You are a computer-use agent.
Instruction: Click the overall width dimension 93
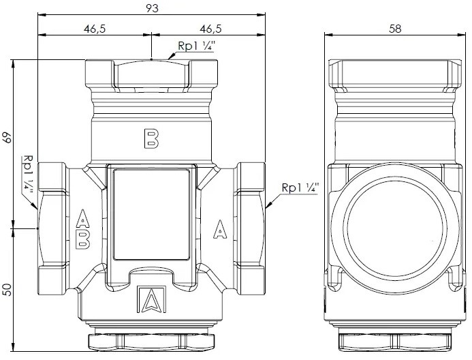coord(152,8)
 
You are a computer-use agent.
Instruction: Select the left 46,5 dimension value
coord(95,29)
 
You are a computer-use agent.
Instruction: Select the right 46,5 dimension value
coord(210,29)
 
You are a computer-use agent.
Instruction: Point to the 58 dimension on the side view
coord(395,29)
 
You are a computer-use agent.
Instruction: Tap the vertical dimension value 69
coord(8,138)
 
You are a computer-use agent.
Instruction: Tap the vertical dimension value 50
coord(8,290)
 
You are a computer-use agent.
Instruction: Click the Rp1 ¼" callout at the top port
coord(196,46)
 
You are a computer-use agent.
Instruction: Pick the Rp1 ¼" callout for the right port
coord(300,187)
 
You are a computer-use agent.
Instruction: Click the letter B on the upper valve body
coord(151,138)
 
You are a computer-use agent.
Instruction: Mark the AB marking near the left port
coord(82,229)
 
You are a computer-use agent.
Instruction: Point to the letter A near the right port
coord(220,229)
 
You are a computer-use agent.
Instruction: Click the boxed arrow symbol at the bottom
coord(151,299)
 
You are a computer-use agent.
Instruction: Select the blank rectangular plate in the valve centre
coord(151,215)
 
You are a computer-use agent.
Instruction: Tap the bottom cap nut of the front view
coord(151,341)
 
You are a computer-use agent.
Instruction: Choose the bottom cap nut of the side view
coord(395,342)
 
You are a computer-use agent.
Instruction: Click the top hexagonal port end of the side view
coord(394,74)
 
